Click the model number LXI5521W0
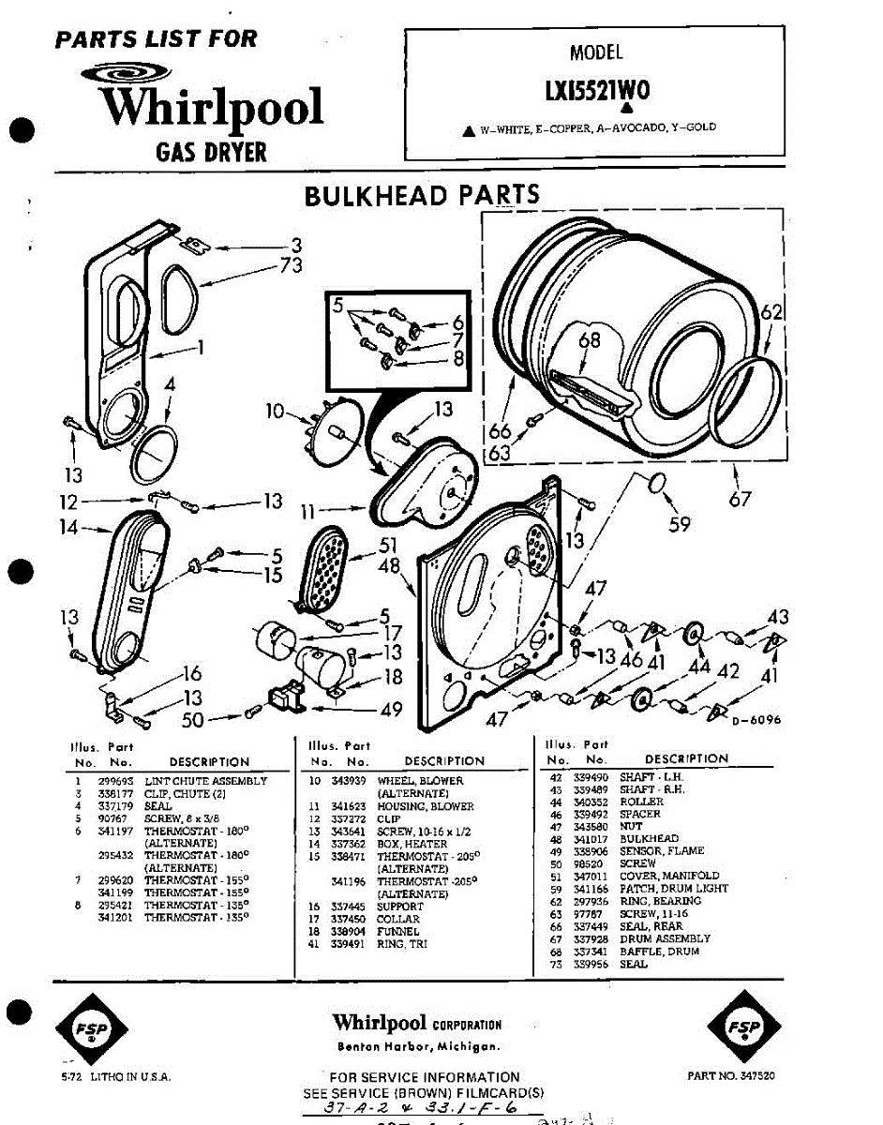pyautogui.click(x=596, y=90)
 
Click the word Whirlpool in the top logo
pyautogui.click(x=212, y=108)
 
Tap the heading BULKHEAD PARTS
pyautogui.click(x=422, y=195)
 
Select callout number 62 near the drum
pyautogui.click(x=771, y=314)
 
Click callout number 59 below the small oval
pyautogui.click(x=680, y=524)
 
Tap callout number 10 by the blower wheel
pyautogui.click(x=274, y=410)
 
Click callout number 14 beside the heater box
pyautogui.click(x=68, y=528)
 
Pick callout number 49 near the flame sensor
pyautogui.click(x=392, y=710)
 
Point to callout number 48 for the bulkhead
pyautogui.click(x=390, y=566)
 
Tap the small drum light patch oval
pyautogui.click(x=658, y=484)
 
